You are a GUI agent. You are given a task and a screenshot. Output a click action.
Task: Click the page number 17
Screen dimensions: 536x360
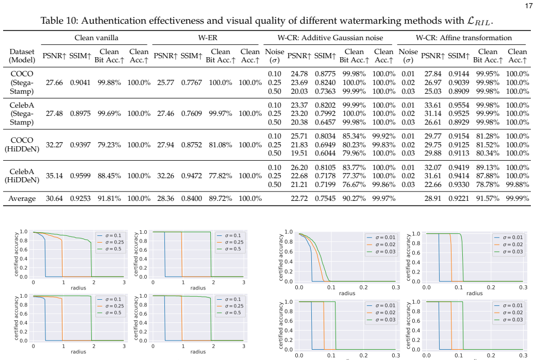pyautogui.click(x=528, y=6)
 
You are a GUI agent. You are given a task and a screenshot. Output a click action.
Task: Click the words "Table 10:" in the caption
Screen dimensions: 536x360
pyautogui.click(x=59, y=21)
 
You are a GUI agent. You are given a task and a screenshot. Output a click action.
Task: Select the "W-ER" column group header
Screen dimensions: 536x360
pyautogui.click(x=208, y=38)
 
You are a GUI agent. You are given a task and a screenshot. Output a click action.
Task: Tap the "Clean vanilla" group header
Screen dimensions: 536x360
pyautogui.click(x=96, y=38)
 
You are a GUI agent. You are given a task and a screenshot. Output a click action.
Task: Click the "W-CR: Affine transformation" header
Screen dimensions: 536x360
pyautogui.click(x=463, y=38)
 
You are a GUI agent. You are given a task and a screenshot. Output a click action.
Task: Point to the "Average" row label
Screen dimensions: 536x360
pyautogui.click(x=22, y=199)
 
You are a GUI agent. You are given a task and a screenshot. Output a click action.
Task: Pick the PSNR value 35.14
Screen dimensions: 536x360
pyautogui.click(x=54, y=176)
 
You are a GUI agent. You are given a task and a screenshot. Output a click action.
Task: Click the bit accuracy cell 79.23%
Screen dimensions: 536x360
pyautogui.click(x=109, y=145)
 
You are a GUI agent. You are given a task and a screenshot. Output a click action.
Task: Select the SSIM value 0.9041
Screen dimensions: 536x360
pyautogui.click(x=80, y=82)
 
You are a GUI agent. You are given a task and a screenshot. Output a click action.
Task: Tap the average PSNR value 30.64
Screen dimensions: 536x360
pyautogui.click(x=54, y=199)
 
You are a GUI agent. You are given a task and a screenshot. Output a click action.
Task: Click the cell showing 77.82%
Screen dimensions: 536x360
pyautogui.click(x=221, y=176)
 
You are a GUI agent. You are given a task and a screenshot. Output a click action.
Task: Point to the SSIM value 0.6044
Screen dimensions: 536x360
pyautogui.click(x=325, y=153)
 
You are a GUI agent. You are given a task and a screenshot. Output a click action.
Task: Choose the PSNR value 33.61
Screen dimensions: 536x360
pyautogui.click(x=433, y=106)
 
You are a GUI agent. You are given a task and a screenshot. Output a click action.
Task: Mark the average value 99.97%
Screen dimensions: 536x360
pyautogui.click(x=384, y=199)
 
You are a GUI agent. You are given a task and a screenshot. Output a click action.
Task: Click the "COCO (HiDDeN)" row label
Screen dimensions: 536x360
pyautogui.click(x=22, y=145)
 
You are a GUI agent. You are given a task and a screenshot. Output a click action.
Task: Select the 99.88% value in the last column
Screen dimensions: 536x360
pyautogui.click(x=517, y=185)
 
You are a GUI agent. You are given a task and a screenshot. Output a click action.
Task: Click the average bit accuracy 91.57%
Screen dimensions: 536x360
pyautogui.click(x=488, y=199)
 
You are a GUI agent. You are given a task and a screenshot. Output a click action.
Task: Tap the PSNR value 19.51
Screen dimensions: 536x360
pyautogui.click(x=299, y=153)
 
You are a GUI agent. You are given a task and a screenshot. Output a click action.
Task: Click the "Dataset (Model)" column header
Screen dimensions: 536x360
pyautogui.click(x=22, y=56)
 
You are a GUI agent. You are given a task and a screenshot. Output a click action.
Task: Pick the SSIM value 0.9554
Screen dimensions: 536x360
pyautogui.click(x=459, y=106)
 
